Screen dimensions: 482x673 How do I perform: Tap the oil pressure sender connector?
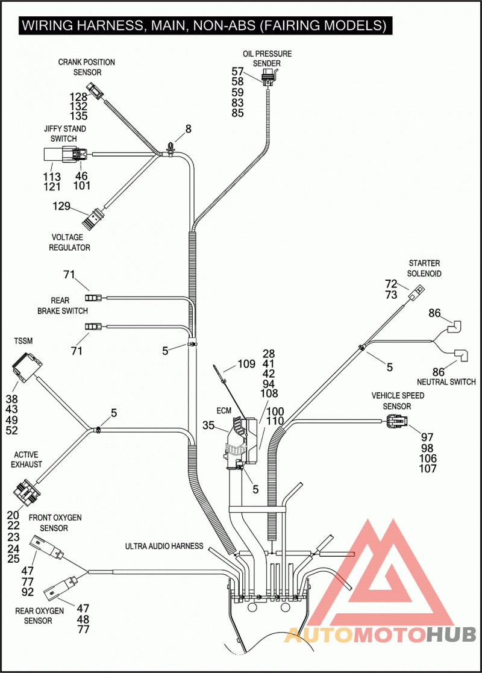[x=268, y=77]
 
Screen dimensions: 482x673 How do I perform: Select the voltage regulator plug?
[x=92, y=218]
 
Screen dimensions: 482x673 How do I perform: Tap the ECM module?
[x=241, y=442]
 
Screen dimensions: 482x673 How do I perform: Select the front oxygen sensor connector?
[x=46, y=547]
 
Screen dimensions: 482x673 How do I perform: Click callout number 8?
[x=188, y=129]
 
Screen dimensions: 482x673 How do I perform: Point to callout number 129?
[x=61, y=206]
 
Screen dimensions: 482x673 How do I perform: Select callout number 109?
[x=246, y=364]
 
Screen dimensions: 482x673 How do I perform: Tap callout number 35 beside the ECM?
[x=208, y=425]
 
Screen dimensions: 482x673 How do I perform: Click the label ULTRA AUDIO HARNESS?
[x=164, y=546]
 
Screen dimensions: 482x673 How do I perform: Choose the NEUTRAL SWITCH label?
[x=446, y=381]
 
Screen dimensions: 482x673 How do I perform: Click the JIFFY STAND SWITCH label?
[x=65, y=134]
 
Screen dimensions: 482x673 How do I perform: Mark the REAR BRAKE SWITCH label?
[x=63, y=305]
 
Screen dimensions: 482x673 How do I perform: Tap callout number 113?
[x=52, y=177]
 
